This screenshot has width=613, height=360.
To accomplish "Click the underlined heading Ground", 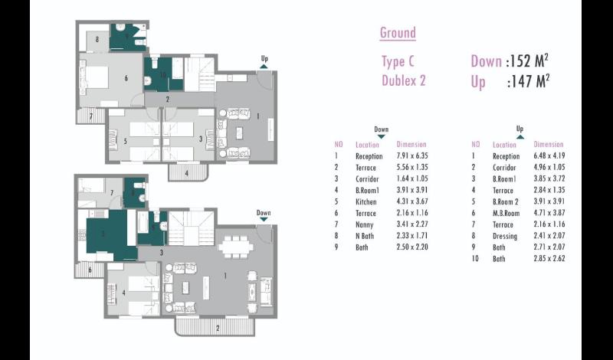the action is (398, 33).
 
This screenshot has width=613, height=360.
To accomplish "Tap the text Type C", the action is (398, 61).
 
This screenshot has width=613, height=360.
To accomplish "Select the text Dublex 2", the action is (404, 80).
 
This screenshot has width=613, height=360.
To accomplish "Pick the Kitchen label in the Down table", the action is (366, 201).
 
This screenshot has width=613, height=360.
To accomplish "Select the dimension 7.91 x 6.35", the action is (412, 155).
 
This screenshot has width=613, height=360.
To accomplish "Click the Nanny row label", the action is (365, 224).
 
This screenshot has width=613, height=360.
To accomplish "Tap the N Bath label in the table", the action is (365, 236).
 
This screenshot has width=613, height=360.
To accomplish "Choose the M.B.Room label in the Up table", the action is (506, 214).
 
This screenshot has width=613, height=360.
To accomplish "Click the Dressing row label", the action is (505, 236).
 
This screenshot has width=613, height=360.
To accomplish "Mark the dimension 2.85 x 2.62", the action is (549, 258).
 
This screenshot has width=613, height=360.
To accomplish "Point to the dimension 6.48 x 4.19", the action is (549, 155).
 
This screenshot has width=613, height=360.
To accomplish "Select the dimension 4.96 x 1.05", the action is (549, 167).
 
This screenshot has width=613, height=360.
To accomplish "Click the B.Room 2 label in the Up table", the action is (505, 201).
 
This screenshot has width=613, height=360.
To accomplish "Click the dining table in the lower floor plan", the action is (236, 247).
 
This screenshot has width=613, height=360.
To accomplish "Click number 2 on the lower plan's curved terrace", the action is (218, 329).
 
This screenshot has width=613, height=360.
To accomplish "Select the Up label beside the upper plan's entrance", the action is (264, 59).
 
